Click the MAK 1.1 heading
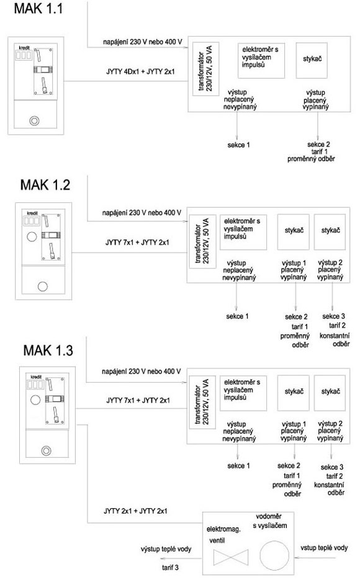point(38,8)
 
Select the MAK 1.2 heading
point(45,185)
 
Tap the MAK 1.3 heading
point(48,351)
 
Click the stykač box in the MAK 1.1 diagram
point(312,60)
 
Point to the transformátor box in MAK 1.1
point(206,69)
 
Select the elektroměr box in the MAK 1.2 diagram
point(243,232)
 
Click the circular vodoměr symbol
point(274,555)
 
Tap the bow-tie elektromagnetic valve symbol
point(231,557)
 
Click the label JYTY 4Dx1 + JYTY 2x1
point(140,71)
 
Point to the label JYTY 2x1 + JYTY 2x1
point(135,511)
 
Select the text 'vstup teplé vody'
point(324,548)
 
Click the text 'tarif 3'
point(170,568)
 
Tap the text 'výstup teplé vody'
point(166,549)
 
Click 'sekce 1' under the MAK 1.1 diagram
point(238,145)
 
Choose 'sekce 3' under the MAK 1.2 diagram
point(334,316)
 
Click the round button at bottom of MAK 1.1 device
point(34,121)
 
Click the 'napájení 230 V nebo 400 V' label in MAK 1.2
point(142,213)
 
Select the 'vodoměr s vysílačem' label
point(269,521)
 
